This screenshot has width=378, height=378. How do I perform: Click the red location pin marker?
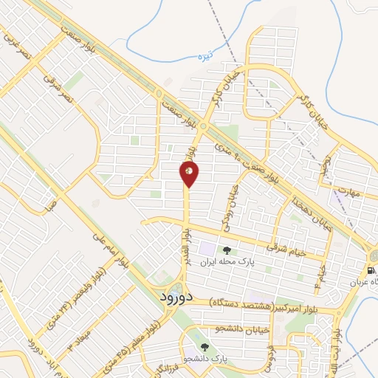tap(189, 174)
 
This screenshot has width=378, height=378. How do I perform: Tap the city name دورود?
tap(176, 296)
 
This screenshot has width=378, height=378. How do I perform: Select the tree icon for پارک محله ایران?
tap(226, 250)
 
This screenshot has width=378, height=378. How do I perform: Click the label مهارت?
tap(347, 193)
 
